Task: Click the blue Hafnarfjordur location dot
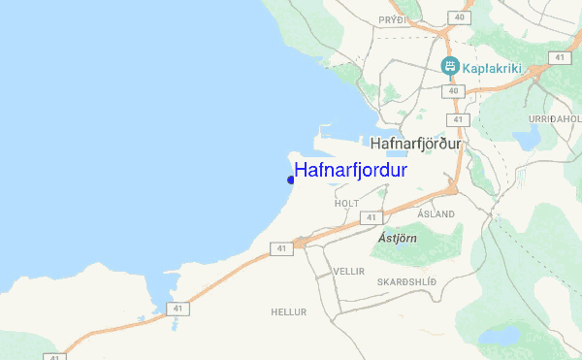[291, 180]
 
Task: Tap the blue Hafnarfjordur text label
[350, 171]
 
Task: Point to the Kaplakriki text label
[492, 67]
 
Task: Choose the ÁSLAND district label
[435, 213]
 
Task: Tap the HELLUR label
[289, 312]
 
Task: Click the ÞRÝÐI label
[394, 19]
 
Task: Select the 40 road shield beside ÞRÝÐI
[456, 16]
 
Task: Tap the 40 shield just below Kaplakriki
[453, 90]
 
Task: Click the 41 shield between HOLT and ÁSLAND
[372, 217]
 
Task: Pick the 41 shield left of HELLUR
[177, 309]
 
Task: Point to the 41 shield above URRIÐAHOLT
[560, 57]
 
